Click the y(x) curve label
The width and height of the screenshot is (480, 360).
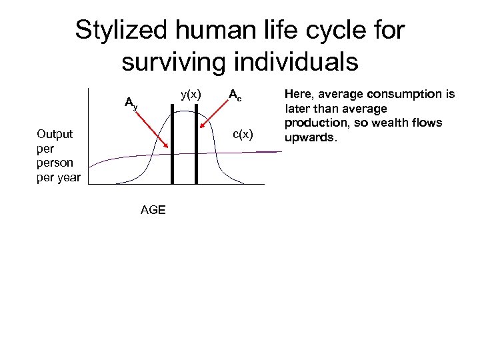(191, 95)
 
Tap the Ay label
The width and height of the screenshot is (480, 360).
(131, 103)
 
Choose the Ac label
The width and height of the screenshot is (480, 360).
(235, 95)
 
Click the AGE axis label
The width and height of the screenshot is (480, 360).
(153, 210)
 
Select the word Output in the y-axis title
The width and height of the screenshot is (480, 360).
(55, 134)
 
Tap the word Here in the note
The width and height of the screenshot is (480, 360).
(298, 95)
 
